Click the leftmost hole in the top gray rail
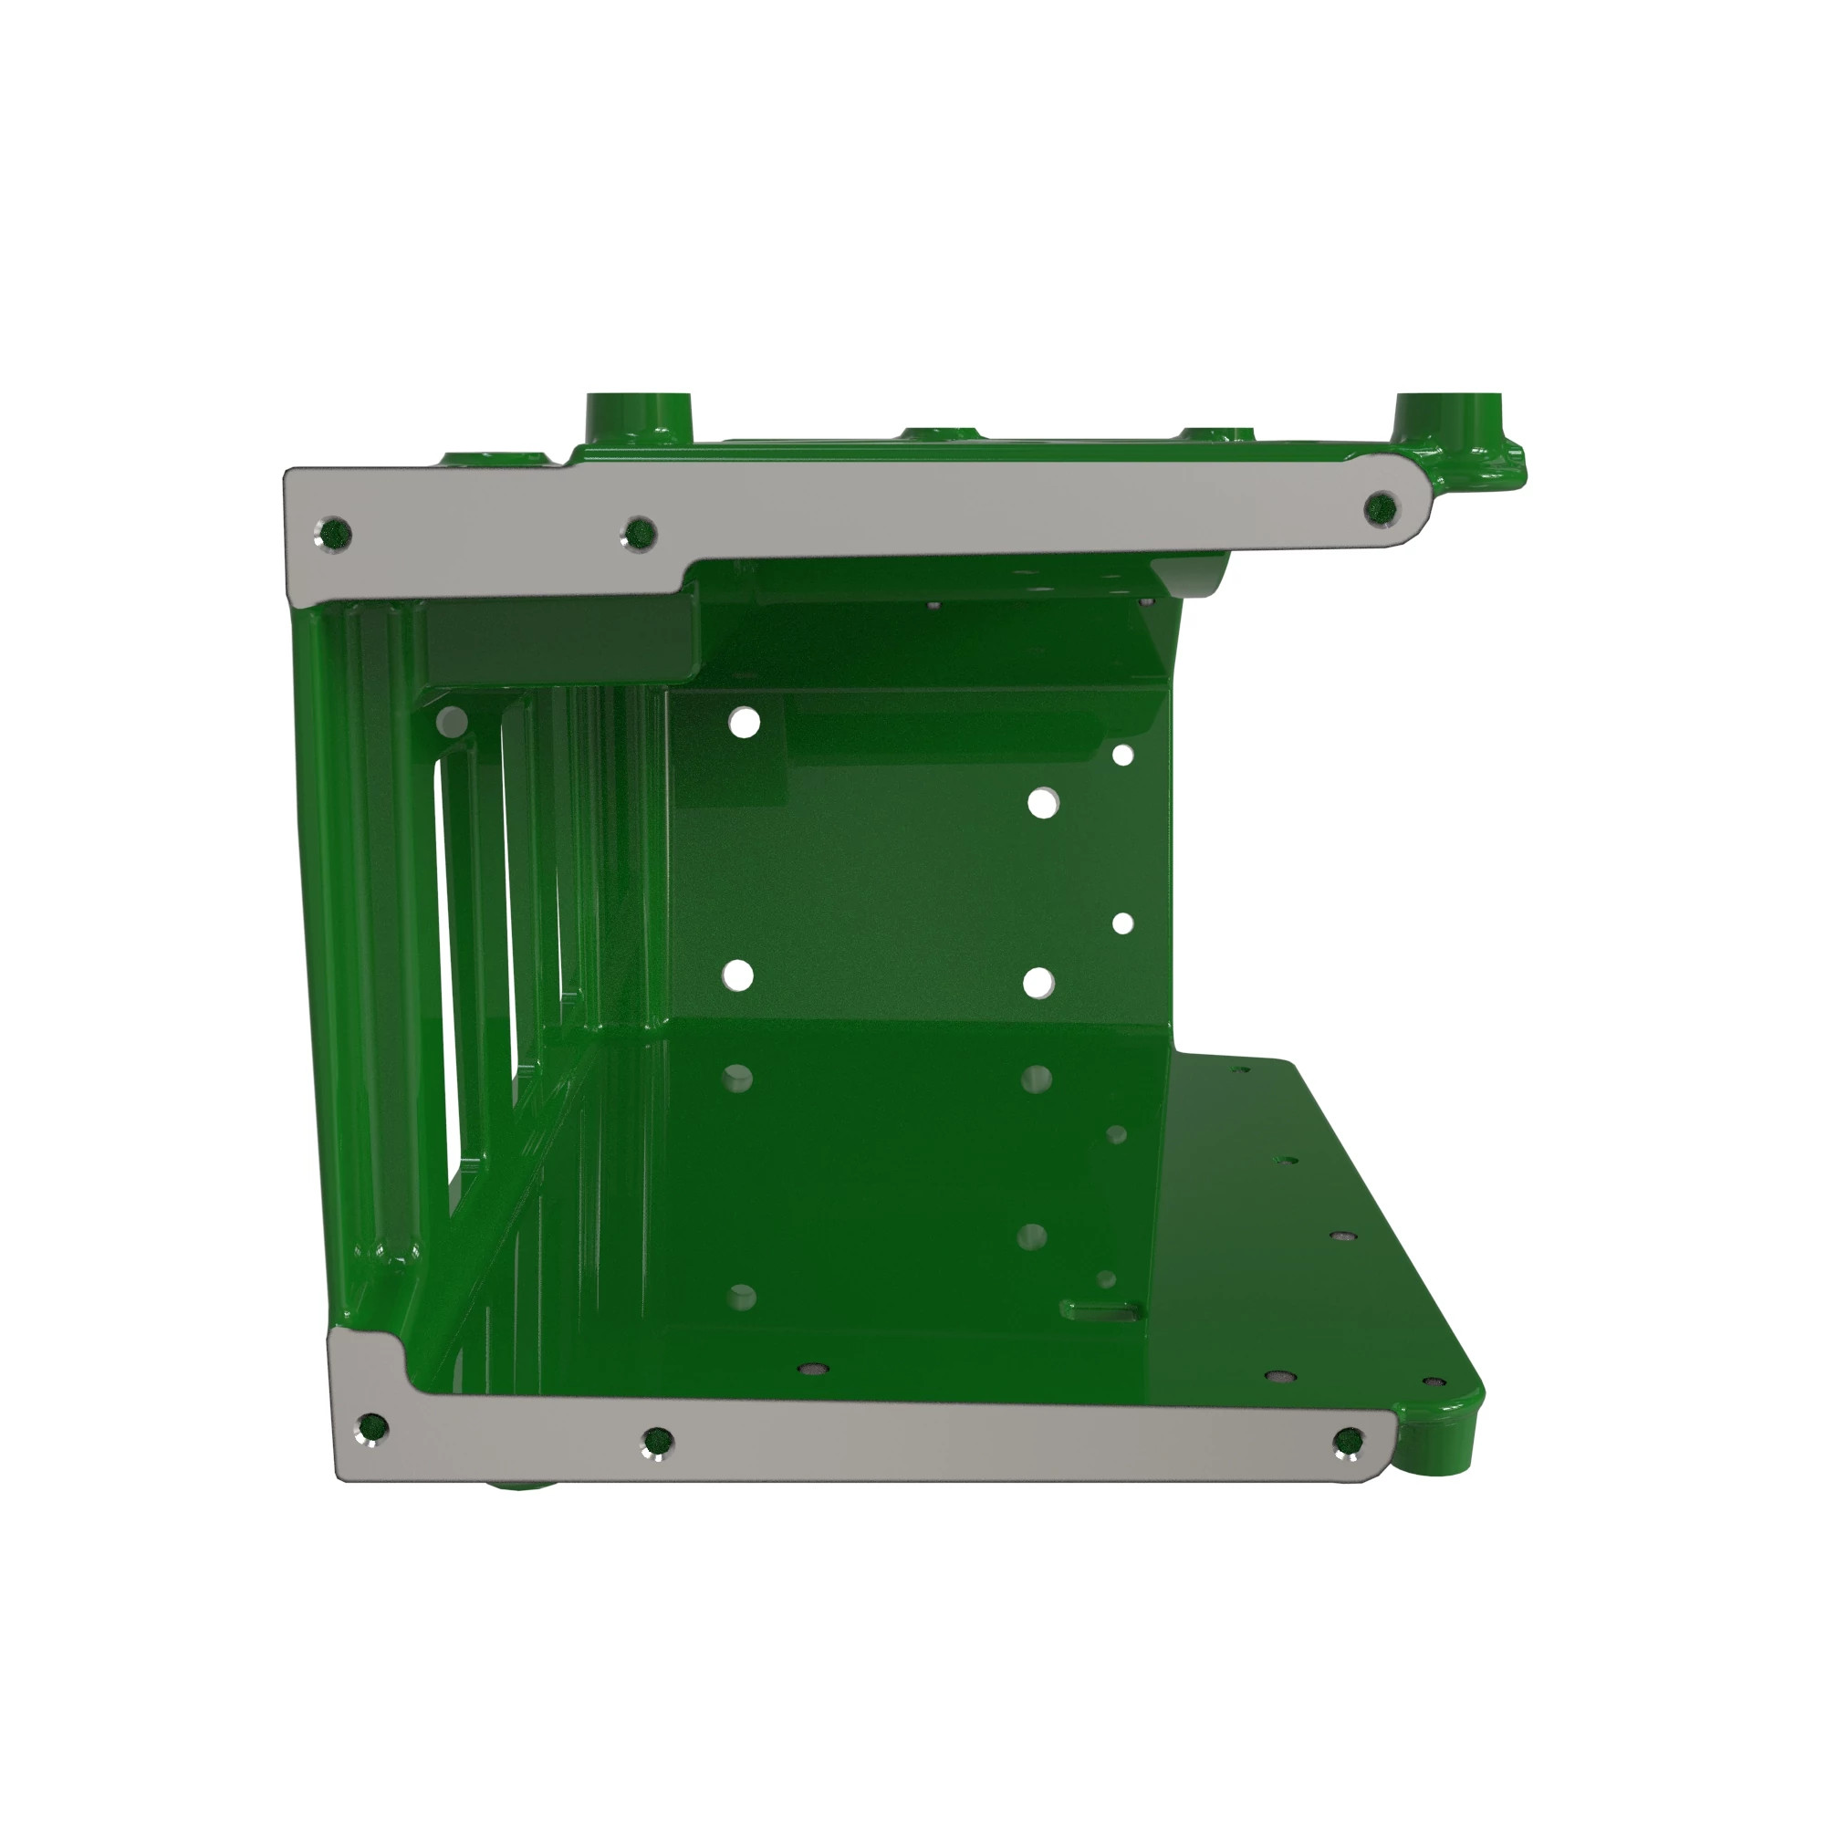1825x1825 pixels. point(335,534)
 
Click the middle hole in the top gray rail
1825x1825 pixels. point(640,534)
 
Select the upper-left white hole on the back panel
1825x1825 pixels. point(745,724)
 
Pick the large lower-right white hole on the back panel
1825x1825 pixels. point(1038,983)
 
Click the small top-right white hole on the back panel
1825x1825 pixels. point(1123,755)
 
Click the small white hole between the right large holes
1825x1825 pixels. point(1123,923)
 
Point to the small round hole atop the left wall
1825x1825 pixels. point(453,723)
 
